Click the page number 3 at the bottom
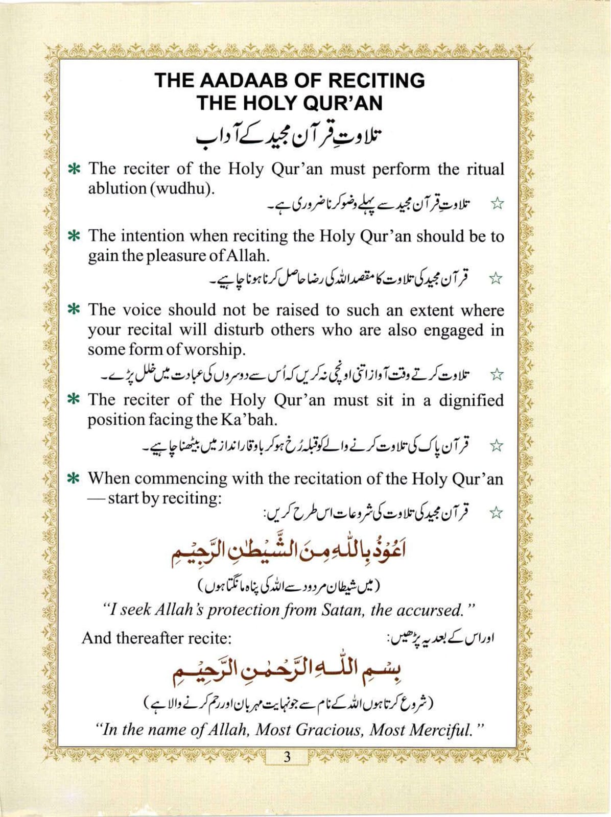[x=287, y=757]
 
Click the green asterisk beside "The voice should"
[x=75, y=310]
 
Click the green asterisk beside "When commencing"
[x=75, y=479]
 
